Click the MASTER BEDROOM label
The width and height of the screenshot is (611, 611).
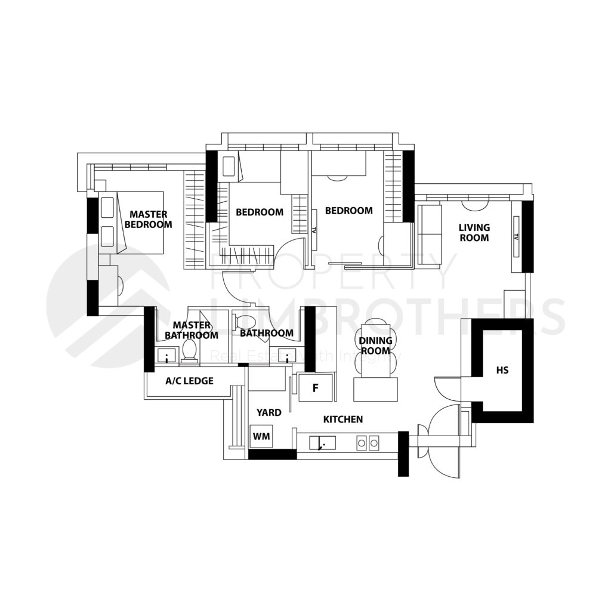[148, 219]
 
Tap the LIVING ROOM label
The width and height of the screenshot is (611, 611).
[474, 232]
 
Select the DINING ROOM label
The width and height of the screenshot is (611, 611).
[376, 345]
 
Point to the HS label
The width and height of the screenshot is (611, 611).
[502, 371]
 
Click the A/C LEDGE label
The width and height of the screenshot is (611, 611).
[189, 381]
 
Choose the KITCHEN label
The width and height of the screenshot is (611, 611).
[343, 420]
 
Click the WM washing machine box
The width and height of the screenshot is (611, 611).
[261, 437]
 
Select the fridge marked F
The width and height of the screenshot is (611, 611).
[316, 388]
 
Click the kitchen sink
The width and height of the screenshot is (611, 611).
[322, 443]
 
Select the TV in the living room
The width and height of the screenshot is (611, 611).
[516, 237]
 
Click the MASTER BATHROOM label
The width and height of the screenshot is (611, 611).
[192, 330]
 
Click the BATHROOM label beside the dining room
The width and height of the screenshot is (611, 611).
[267, 333]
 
